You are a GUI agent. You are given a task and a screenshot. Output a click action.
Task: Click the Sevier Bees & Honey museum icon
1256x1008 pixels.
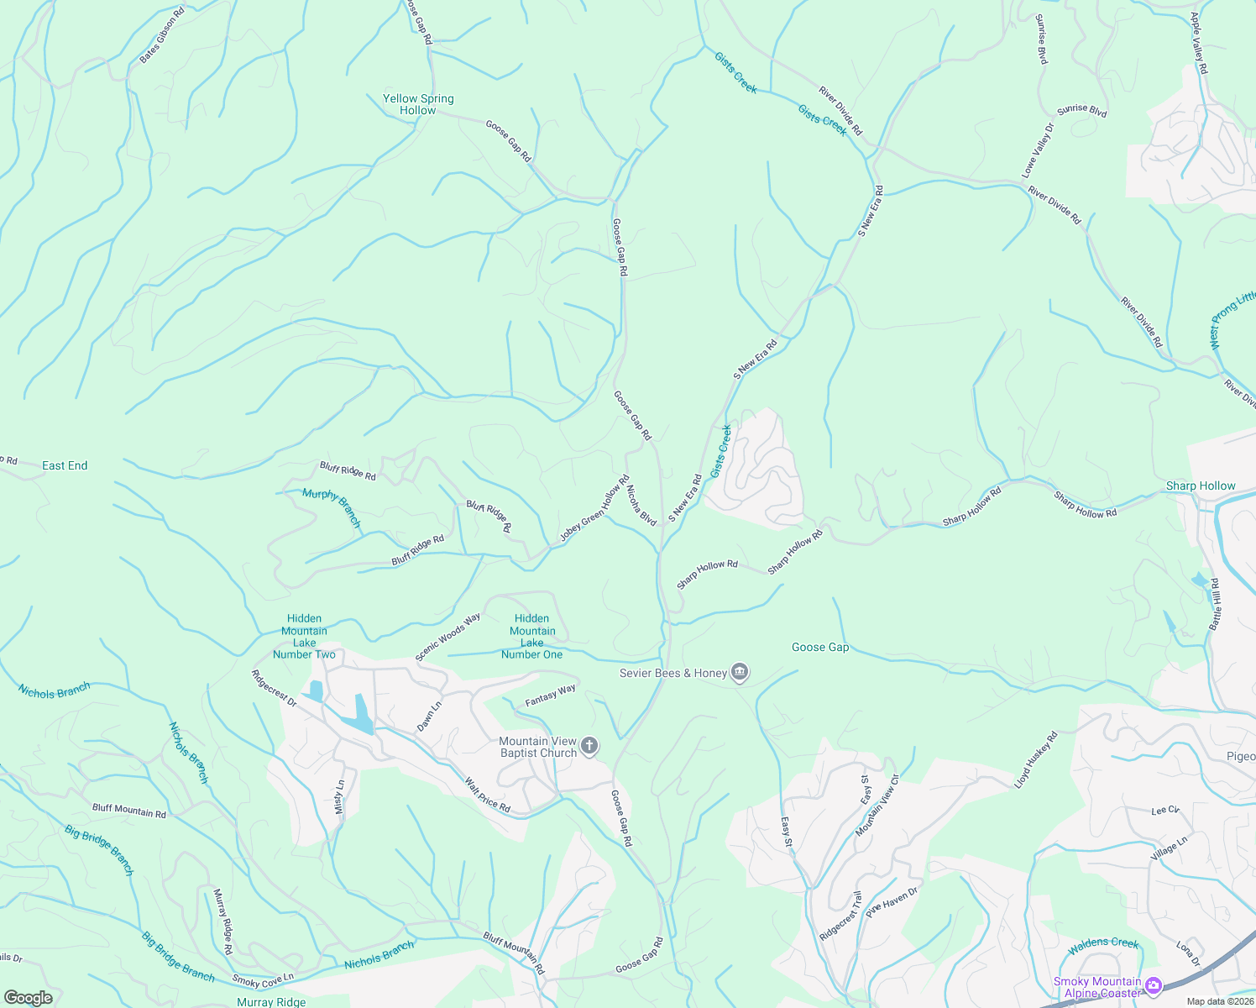[740, 672]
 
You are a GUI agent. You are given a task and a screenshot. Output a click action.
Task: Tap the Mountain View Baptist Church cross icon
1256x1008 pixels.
[589, 746]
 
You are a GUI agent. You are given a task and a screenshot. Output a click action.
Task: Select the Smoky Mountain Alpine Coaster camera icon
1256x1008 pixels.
[1154, 985]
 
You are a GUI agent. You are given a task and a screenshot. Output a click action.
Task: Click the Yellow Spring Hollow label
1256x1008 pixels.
[418, 104]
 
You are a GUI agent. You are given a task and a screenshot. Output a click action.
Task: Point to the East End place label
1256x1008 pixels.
[65, 465]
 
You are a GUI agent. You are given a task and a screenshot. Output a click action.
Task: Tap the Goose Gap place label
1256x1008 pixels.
[820, 647]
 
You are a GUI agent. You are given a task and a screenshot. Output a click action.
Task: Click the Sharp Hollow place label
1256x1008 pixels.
[1201, 486]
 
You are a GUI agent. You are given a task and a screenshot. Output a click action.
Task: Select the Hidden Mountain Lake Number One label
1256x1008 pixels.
[532, 636]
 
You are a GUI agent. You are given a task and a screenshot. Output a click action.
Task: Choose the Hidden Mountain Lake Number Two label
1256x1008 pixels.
[304, 636]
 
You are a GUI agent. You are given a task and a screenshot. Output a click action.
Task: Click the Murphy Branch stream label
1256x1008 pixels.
[332, 507]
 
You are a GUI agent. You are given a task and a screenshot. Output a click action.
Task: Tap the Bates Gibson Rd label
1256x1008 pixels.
[162, 36]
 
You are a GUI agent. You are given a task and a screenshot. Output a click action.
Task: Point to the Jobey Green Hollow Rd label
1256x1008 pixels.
[594, 509]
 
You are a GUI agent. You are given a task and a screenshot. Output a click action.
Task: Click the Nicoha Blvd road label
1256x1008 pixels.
[641, 503]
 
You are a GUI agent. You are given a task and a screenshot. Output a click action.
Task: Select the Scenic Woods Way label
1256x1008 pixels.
[447, 637]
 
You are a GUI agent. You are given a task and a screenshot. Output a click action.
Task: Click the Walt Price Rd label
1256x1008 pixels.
[488, 795]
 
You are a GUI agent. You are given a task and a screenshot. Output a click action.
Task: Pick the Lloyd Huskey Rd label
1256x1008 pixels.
[1036, 759]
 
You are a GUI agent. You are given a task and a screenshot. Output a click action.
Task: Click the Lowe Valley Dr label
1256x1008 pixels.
[1037, 150]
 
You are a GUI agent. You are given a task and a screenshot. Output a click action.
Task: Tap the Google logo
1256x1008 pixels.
[29, 998]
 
